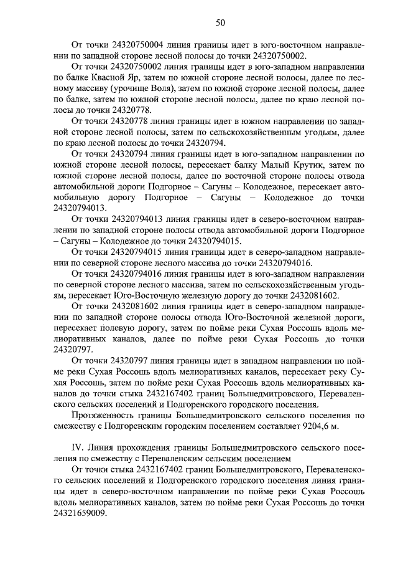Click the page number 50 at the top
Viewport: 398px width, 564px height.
[220, 23]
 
